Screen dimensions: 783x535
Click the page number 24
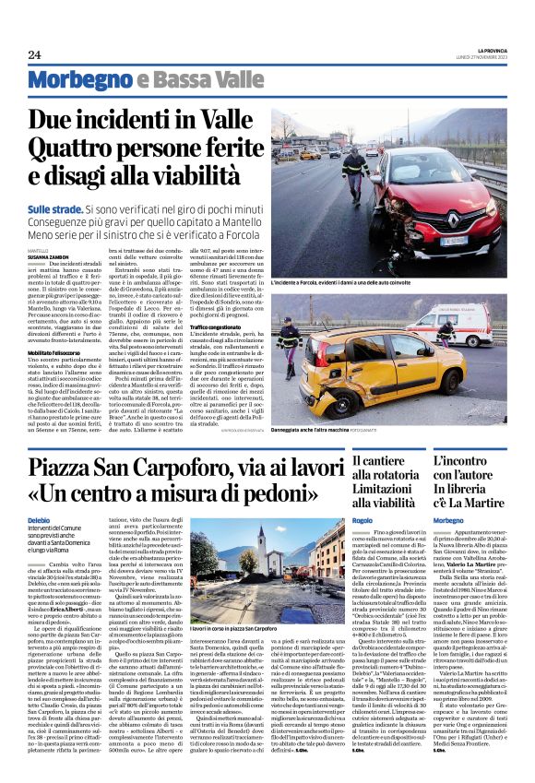pos(35,54)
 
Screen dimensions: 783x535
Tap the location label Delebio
pos(40,520)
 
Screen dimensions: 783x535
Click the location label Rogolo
pos(363,520)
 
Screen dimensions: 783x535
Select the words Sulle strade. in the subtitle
pos(56,210)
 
